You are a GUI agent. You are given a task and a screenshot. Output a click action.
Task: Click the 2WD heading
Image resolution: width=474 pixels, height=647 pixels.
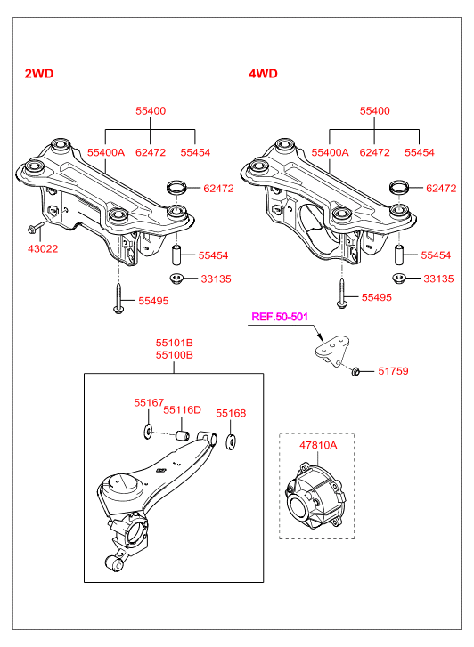(39, 74)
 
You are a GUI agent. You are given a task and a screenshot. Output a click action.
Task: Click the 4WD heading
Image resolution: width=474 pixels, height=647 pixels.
(263, 74)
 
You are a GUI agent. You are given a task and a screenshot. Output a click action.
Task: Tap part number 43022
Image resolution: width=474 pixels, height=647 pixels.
(43, 249)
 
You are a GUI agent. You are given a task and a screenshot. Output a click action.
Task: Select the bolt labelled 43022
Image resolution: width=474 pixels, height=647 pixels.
(36, 227)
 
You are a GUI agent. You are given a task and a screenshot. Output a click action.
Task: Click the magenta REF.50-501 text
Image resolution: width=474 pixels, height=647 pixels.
(280, 317)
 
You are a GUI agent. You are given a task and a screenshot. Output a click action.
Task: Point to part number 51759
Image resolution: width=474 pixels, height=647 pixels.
(393, 371)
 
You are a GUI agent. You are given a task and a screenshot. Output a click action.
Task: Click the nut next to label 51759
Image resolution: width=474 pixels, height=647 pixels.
(355, 371)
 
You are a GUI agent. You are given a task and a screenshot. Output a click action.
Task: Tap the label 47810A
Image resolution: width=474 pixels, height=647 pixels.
(318, 445)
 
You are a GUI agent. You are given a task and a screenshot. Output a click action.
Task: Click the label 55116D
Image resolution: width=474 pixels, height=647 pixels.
(183, 409)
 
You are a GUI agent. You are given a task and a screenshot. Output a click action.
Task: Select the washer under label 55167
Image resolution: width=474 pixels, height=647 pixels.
(148, 432)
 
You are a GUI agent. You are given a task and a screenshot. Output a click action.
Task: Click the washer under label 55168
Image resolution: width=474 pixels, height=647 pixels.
(231, 441)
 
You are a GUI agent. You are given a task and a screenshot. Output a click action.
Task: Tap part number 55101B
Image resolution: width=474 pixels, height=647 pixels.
(175, 343)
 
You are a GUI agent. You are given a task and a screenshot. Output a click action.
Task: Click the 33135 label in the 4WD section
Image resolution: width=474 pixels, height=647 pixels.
(438, 279)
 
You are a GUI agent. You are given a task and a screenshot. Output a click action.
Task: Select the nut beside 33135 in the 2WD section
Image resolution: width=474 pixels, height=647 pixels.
(177, 279)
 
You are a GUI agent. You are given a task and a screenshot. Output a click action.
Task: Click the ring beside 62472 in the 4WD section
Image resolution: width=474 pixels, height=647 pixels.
(400, 187)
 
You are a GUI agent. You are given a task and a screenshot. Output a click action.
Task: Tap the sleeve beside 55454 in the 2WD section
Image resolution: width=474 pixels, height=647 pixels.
(177, 255)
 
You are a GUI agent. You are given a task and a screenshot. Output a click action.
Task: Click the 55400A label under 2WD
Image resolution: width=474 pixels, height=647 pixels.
(106, 152)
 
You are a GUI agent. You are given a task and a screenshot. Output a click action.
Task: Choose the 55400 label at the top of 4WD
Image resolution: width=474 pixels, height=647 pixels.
(374, 110)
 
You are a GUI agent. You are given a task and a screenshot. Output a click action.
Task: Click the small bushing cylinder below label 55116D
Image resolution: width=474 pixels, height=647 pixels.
(183, 435)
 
